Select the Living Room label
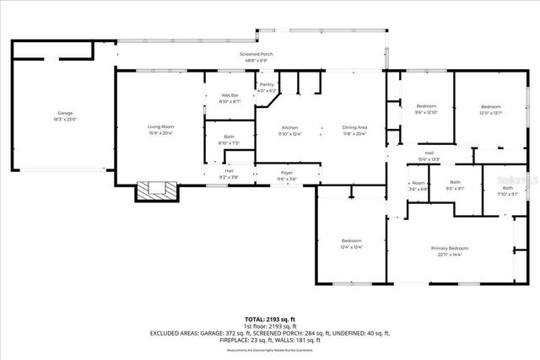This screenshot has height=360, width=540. click(x=160, y=127)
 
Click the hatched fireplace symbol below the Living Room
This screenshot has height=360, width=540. click(x=159, y=191)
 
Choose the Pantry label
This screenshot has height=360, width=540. click(x=267, y=86)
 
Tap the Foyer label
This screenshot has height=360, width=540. click(x=287, y=173)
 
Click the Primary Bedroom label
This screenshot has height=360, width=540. click(x=450, y=249)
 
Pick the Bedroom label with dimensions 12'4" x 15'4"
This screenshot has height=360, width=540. click(x=352, y=242)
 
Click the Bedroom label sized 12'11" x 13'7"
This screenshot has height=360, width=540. click(x=491, y=108)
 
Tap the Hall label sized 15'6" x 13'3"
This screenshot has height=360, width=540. click(x=429, y=154)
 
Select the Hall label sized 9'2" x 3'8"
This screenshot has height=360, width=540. click(x=229, y=172)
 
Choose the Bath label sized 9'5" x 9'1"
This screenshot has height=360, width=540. click(x=455, y=185)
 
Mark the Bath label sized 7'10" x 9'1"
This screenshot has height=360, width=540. click(x=507, y=190)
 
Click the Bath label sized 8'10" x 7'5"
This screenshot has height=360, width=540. click(x=229, y=138)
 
